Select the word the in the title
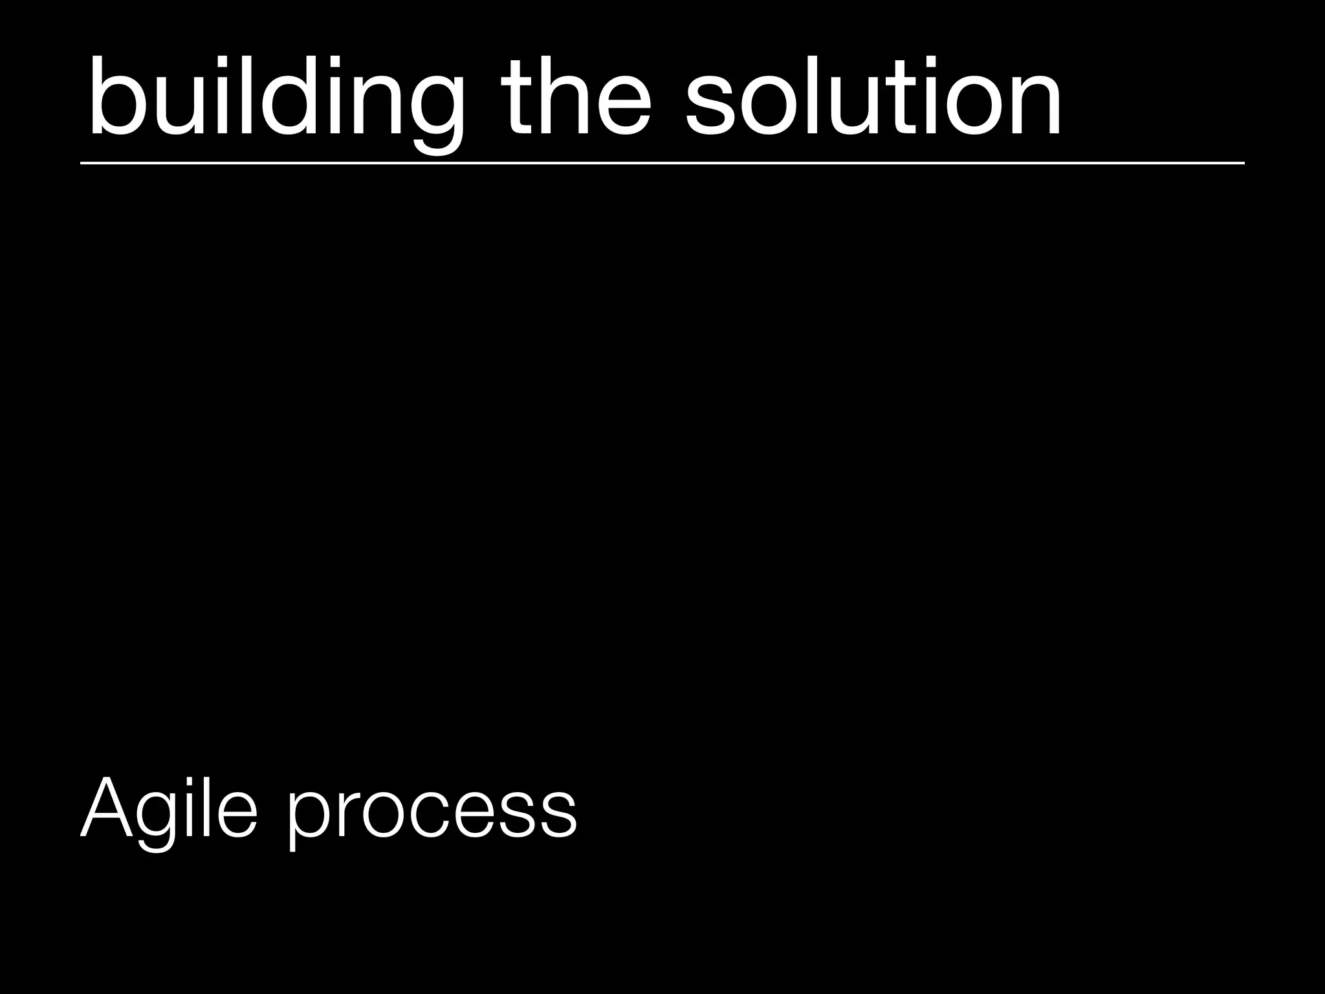(x=575, y=98)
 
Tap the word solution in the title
(x=873, y=98)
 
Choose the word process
(x=432, y=812)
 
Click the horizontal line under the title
(x=662, y=164)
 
